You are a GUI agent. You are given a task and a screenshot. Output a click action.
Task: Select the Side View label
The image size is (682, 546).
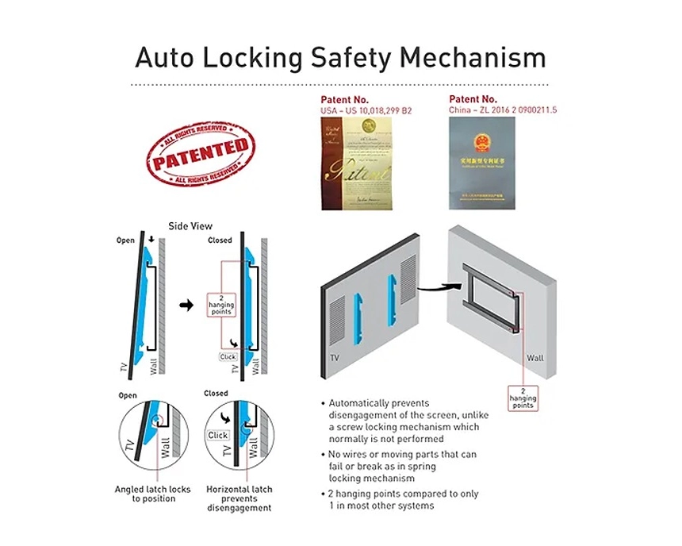190,226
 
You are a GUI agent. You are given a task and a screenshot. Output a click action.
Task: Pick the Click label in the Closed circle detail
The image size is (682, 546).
217,435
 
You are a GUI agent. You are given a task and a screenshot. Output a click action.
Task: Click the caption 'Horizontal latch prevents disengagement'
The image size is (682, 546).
238,498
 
